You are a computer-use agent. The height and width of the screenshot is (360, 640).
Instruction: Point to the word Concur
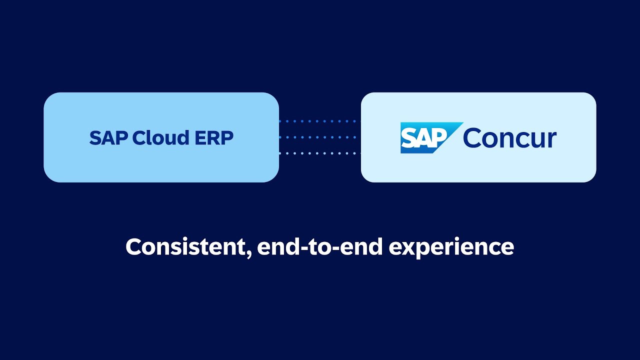[509, 137]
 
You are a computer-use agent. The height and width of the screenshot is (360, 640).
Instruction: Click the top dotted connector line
[319, 121]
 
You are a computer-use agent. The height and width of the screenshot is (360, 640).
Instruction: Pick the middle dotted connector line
[319, 137]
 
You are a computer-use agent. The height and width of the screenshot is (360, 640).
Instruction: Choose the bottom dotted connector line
[319, 153]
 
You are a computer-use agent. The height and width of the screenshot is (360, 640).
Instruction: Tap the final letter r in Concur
[551, 140]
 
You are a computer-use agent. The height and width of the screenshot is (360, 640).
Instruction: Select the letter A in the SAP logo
[424, 138]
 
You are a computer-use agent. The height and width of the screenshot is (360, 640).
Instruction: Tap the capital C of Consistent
[133, 247]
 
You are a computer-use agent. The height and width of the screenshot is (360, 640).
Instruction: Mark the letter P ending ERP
[227, 138]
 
